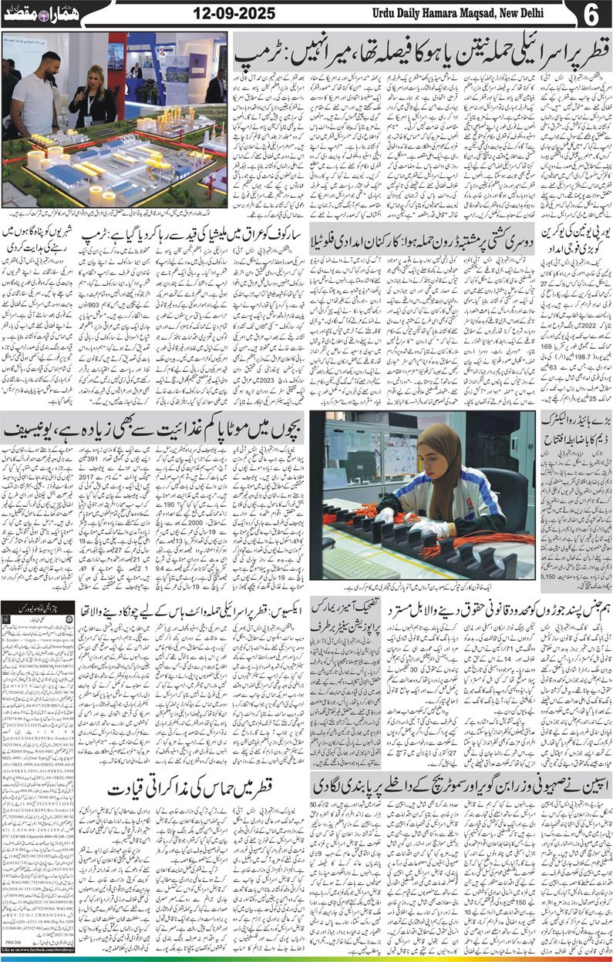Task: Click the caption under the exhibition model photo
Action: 114,213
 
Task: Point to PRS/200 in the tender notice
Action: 17,944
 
